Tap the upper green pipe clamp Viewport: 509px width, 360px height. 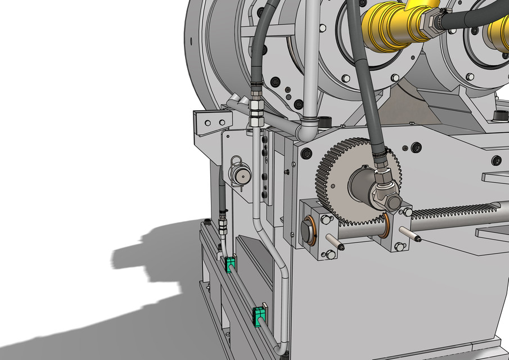pos(230,264)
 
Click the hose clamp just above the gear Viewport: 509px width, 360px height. pos(379,151)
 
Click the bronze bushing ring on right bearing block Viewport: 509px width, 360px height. pos(388,224)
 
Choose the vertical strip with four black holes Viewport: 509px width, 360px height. pos(265,166)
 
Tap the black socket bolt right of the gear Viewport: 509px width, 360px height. pos(416,147)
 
